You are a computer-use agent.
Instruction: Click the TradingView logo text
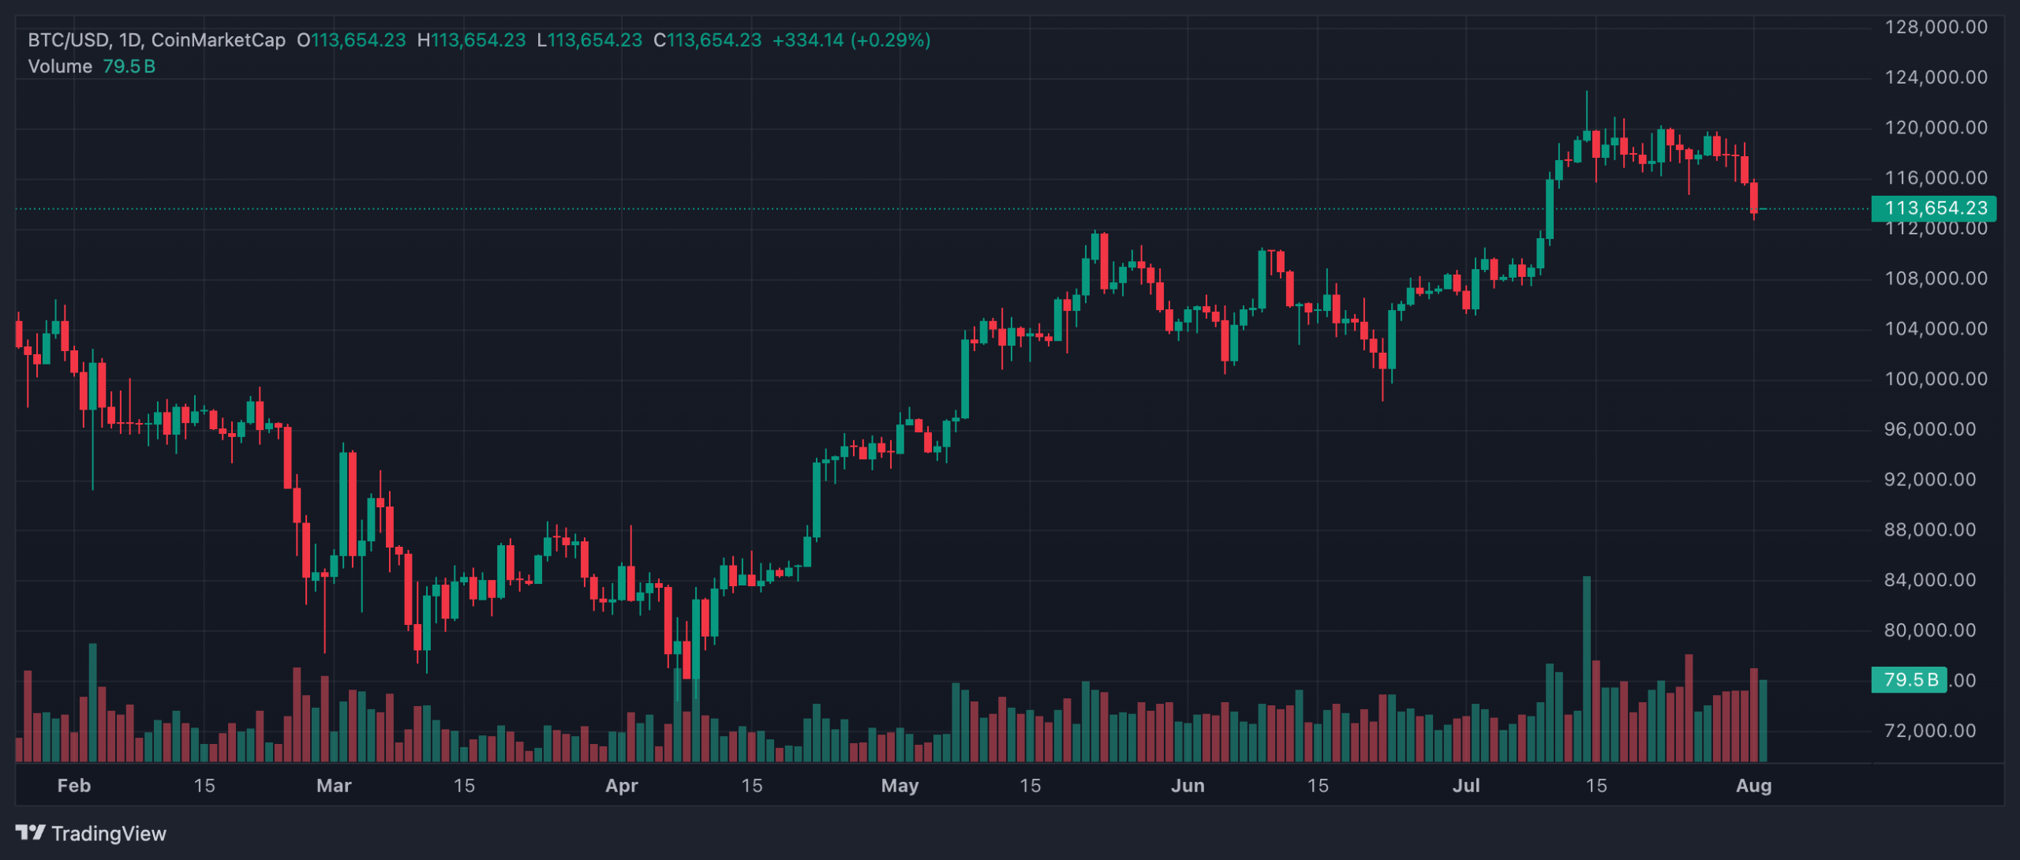click(x=108, y=833)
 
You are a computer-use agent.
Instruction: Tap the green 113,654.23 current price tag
click(x=1934, y=208)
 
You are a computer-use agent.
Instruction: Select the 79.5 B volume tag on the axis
click(x=1909, y=679)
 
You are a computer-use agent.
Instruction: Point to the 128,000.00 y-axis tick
click(x=1936, y=28)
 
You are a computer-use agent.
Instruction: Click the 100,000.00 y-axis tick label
click(x=1936, y=379)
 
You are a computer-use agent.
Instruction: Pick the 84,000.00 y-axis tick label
click(x=1936, y=580)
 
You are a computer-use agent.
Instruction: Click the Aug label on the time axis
click(x=1753, y=786)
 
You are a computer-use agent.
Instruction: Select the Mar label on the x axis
click(x=334, y=786)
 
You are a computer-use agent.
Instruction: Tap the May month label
click(x=900, y=786)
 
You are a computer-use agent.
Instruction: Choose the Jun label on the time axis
click(x=1188, y=786)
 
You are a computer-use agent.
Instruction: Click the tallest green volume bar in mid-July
click(x=1587, y=671)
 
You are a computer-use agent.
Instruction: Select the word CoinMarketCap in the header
click(x=218, y=40)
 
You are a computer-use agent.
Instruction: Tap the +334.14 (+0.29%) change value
click(x=851, y=40)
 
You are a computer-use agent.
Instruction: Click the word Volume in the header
click(x=60, y=66)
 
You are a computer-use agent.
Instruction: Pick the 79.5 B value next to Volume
click(x=129, y=66)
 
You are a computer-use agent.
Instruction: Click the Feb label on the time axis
click(x=74, y=786)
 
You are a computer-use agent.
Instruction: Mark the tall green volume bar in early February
click(x=93, y=702)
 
